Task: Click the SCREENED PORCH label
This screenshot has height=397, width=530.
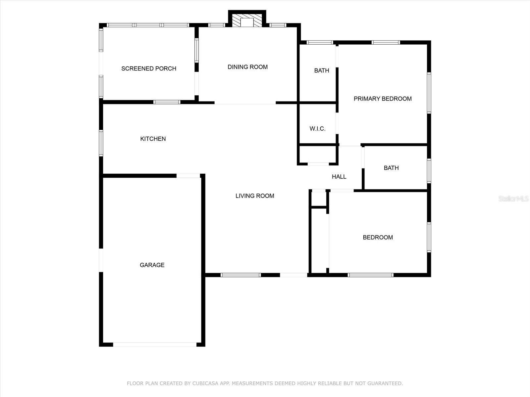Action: click(149, 69)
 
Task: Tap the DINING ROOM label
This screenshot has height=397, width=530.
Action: click(247, 67)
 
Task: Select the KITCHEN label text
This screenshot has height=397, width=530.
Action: click(153, 139)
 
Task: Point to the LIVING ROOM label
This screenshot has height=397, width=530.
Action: click(255, 196)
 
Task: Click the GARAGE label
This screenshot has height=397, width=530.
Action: click(152, 265)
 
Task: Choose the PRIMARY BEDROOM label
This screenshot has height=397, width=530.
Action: click(383, 99)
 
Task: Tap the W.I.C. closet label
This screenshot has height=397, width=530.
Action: click(317, 129)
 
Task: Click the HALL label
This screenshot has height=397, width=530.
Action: click(339, 177)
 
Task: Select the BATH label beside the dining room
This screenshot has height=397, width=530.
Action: click(322, 70)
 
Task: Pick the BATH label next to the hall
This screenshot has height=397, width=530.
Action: click(391, 168)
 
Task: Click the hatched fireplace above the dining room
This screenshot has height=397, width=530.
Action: click(247, 21)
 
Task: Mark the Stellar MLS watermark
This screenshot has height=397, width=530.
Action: click(513, 198)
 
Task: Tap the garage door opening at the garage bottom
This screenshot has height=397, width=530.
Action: click(155, 345)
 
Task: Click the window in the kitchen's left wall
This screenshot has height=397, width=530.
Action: click(101, 143)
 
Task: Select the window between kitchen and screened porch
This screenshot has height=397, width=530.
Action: click(167, 102)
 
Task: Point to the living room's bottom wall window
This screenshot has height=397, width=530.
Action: click(241, 275)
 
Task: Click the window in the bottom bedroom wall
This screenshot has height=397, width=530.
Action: click(371, 275)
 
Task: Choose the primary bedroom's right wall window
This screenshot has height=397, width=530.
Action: click(429, 93)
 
